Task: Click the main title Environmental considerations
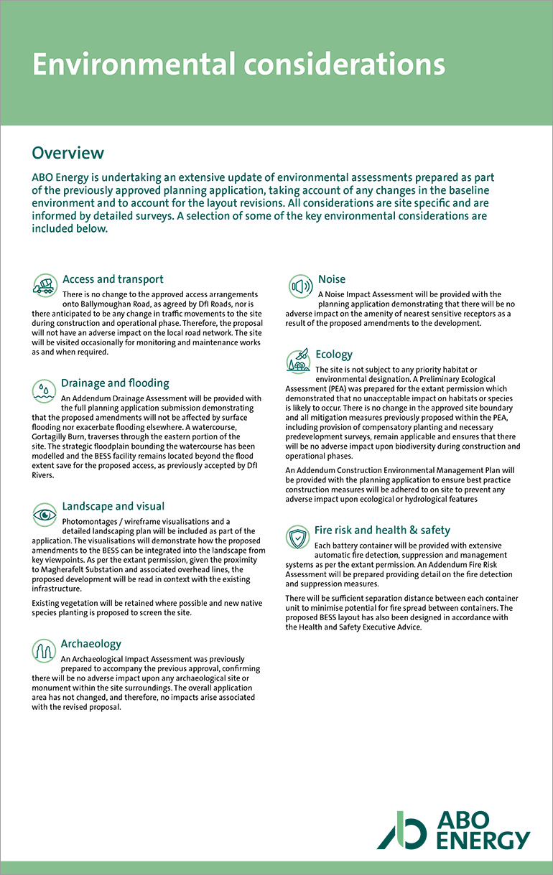click(x=238, y=65)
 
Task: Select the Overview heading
click(x=68, y=153)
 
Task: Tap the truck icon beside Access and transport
click(x=45, y=285)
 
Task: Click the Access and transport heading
click(x=113, y=279)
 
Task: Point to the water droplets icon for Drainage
click(x=45, y=390)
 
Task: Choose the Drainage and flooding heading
click(x=115, y=383)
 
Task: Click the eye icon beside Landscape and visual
click(x=45, y=514)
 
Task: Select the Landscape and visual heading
click(x=113, y=506)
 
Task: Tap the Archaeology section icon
click(x=45, y=651)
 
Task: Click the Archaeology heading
click(x=91, y=644)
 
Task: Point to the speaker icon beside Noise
click(x=300, y=286)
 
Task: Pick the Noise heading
click(x=332, y=279)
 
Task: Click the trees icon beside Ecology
click(x=299, y=362)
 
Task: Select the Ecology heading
click(x=334, y=355)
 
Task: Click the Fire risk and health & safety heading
click(x=382, y=530)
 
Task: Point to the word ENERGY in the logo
click(x=483, y=841)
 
